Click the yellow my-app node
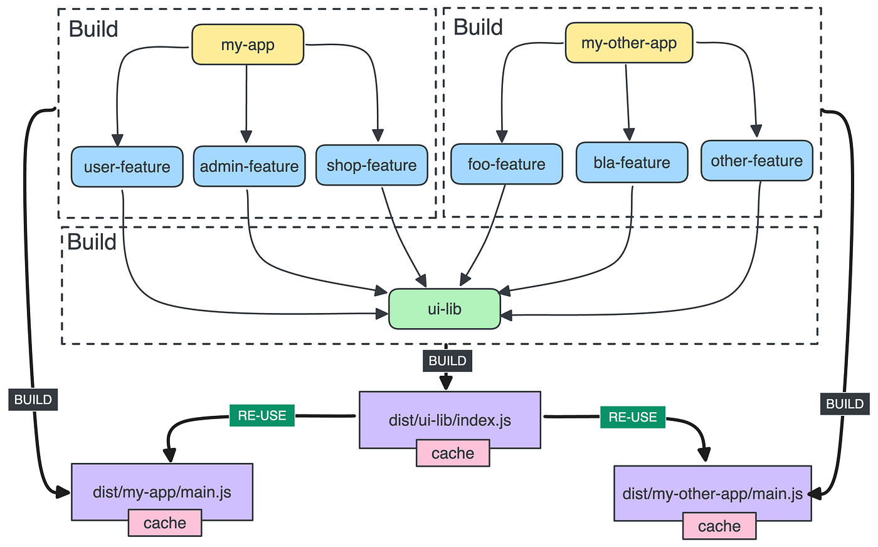248,45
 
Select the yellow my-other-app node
629,43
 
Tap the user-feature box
127,167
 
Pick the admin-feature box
249,166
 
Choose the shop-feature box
371,166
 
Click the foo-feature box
506,164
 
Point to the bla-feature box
632,162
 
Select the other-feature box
756,161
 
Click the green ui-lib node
445,309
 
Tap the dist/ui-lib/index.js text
450,420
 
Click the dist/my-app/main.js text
162,492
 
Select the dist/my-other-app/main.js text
712,494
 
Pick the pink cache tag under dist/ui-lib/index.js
453,453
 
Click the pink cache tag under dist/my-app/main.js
165,523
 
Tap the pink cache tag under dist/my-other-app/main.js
719,526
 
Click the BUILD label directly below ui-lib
447,361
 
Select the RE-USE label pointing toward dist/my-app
262,415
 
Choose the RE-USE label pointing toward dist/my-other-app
633,417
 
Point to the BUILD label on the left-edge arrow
33,400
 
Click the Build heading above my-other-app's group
478,28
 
